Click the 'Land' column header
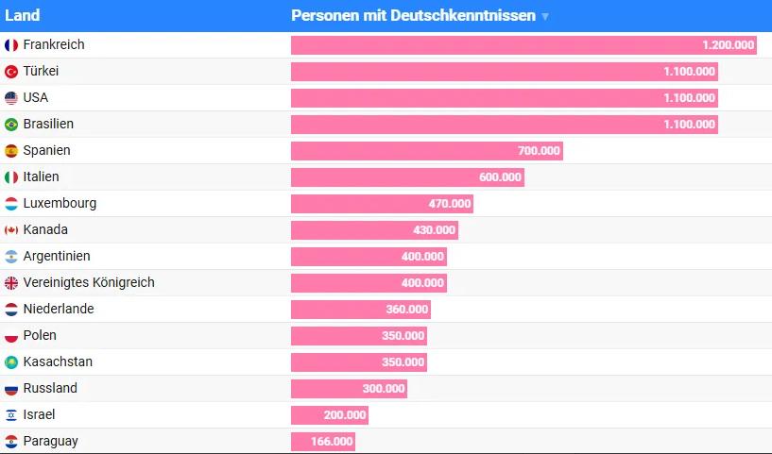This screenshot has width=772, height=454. pyautogui.click(x=22, y=15)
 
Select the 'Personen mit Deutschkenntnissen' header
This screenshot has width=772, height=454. pyautogui.click(x=413, y=15)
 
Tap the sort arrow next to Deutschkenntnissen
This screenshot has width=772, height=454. pyautogui.click(x=545, y=17)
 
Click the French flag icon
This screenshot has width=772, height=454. pyautogui.click(x=11, y=45)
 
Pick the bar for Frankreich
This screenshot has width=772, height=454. pyautogui.click(x=523, y=45)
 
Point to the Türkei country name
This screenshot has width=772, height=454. pyautogui.click(x=41, y=71)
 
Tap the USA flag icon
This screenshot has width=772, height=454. pyautogui.click(x=11, y=98)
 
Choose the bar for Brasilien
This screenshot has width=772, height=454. pyautogui.click(x=505, y=125)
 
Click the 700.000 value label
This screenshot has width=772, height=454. pyautogui.click(x=539, y=150)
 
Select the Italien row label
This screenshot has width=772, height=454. pyautogui.click(x=41, y=177)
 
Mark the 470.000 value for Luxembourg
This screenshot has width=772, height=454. pyautogui.click(x=450, y=204)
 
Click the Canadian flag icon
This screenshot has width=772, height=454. pyautogui.click(x=11, y=229)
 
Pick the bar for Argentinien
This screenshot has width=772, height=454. pyautogui.click(x=369, y=257)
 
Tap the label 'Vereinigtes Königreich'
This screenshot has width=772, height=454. pyautogui.click(x=89, y=282)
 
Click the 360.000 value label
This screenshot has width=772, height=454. pyautogui.click(x=407, y=310)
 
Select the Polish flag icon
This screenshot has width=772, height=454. pyautogui.click(x=11, y=335)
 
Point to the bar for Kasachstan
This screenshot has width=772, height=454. pyautogui.click(x=359, y=362)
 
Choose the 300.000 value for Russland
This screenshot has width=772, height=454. pyautogui.click(x=384, y=389)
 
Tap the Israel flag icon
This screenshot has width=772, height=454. pyautogui.click(x=11, y=414)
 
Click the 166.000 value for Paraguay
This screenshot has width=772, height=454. pyautogui.click(x=332, y=441)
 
